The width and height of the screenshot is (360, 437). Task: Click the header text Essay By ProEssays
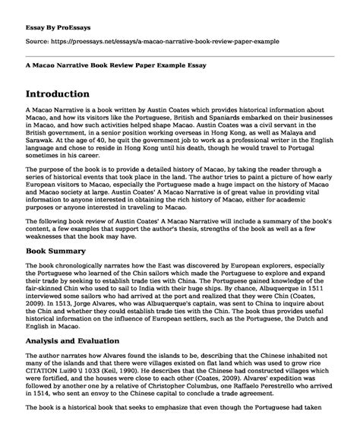pyautogui.click(x=59, y=15)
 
